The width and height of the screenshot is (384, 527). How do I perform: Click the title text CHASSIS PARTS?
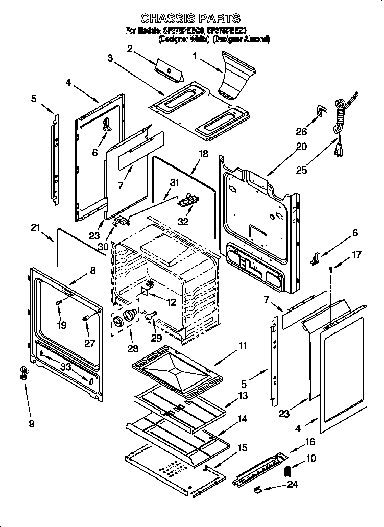coord(190,18)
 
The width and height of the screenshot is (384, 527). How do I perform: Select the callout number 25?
coord(302,170)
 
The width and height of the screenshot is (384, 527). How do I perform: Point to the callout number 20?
coord(301,147)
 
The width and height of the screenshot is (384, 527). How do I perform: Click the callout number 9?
coord(31,423)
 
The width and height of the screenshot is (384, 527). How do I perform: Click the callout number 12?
coord(171,302)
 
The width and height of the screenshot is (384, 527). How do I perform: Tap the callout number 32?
coord(183,222)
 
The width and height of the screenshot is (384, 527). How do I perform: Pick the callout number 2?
coord(130,49)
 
